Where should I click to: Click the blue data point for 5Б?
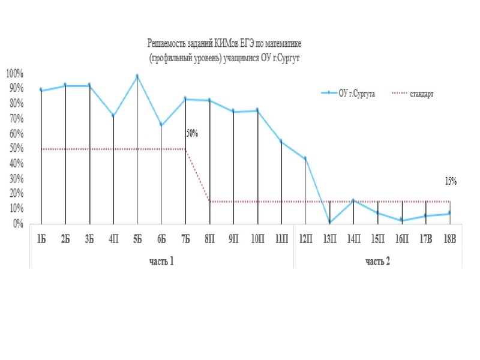tap(137, 76)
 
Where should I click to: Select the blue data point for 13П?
tap(330, 223)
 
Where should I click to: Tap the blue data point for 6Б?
tap(161, 125)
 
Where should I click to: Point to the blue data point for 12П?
tap(305, 159)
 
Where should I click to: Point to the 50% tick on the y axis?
tap(16, 148)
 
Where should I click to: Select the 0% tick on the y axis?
tap(17, 223)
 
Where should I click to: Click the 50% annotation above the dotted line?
tap(191, 134)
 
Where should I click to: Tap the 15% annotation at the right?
tap(451, 180)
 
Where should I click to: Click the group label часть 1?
tap(162, 262)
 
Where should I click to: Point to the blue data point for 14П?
tap(354, 201)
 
